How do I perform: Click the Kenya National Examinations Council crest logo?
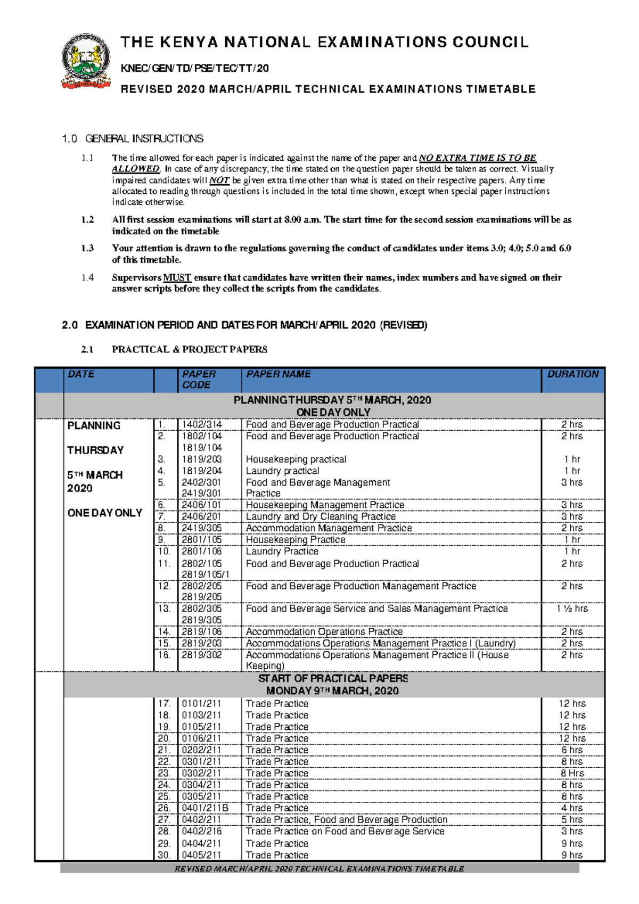pyautogui.click(x=86, y=61)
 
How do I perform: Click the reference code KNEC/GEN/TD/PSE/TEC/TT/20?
pyautogui.click(x=195, y=68)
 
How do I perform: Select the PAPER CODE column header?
pyautogui.click(x=199, y=379)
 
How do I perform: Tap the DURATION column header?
pyautogui.click(x=573, y=374)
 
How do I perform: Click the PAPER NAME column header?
pyautogui.click(x=278, y=374)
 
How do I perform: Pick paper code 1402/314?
pyautogui.click(x=202, y=424)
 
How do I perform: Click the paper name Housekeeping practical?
pyautogui.click(x=296, y=459)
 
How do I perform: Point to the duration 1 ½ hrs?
pyautogui.click(x=572, y=608)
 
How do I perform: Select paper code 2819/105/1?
pyautogui.click(x=206, y=574)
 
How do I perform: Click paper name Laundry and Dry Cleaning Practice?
pyautogui.click(x=321, y=516)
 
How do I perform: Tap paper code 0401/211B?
pyautogui.click(x=205, y=808)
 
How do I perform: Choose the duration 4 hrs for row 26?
pyautogui.click(x=572, y=808)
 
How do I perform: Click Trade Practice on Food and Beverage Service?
pyautogui.click(x=345, y=831)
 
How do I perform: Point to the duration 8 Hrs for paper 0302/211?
pyautogui.click(x=572, y=773)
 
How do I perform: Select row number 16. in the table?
pyautogui.click(x=164, y=655)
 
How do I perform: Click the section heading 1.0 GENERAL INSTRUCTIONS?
pyautogui.click(x=133, y=139)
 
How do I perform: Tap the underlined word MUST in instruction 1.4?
pyautogui.click(x=177, y=277)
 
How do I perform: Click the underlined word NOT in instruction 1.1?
pyautogui.click(x=219, y=180)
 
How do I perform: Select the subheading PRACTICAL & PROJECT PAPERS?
pyautogui.click(x=189, y=349)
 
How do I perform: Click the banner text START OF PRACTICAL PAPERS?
pyautogui.click(x=333, y=678)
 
